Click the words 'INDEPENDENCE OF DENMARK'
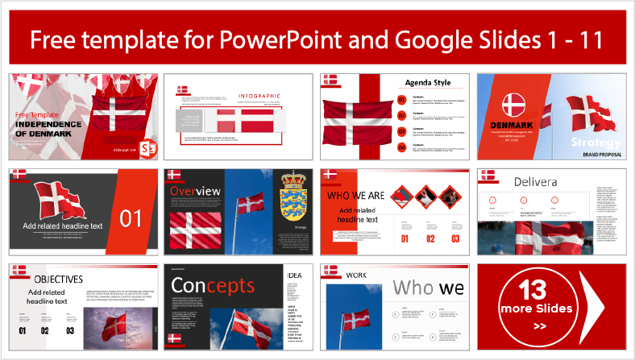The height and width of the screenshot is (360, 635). click(50, 129)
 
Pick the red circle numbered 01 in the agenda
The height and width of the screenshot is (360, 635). click(402, 100)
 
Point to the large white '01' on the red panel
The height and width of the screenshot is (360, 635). click(130, 217)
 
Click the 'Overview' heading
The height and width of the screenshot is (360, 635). click(195, 191)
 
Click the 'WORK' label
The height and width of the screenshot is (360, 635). click(356, 275)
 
